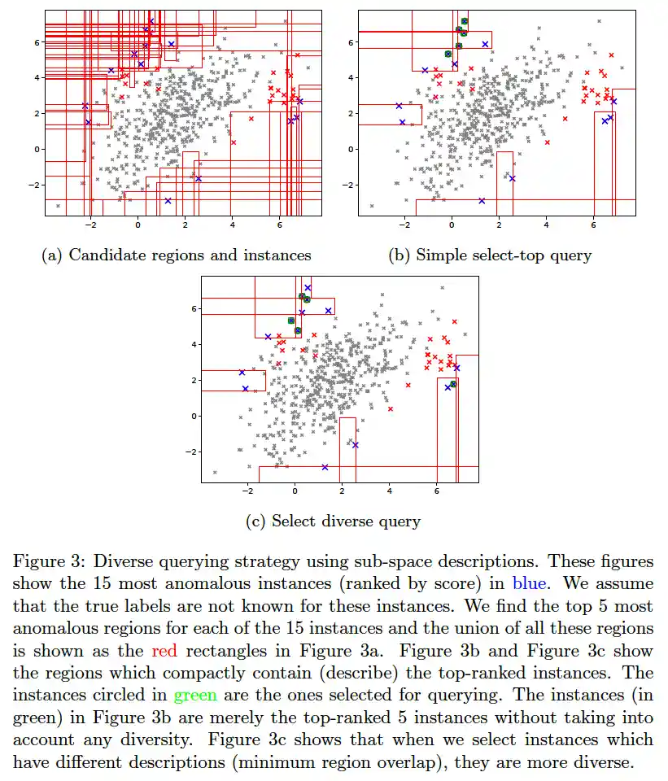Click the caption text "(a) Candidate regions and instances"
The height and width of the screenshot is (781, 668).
[176, 255]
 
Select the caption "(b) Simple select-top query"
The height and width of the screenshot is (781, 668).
[490, 255]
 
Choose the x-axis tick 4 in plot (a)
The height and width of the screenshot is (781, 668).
[233, 225]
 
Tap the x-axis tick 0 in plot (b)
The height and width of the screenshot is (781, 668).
[452, 225]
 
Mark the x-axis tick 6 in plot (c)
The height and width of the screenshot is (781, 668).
[437, 491]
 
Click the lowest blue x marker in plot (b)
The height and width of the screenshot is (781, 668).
[482, 201]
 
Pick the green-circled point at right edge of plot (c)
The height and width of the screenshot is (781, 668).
[453, 384]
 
